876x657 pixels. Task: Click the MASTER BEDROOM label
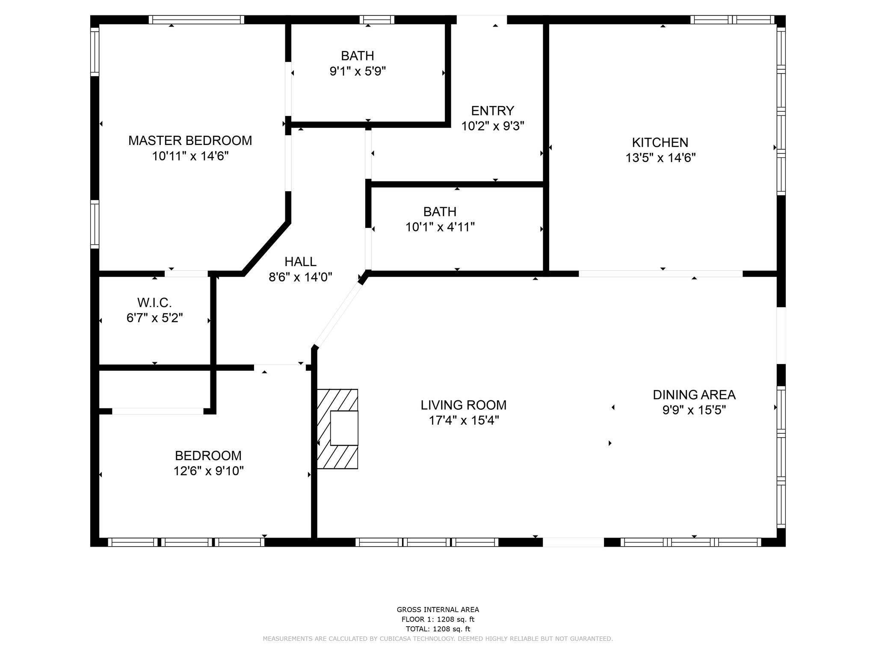point(190,140)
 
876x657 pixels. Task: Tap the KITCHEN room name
point(660,142)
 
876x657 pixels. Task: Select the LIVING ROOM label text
point(464,405)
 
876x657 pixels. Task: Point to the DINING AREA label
point(694,394)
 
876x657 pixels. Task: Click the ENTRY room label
point(492,111)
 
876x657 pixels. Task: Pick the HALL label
point(300,261)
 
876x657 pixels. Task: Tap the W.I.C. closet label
point(154,303)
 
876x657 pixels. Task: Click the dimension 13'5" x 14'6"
point(660,158)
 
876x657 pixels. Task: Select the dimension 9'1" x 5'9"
point(358,71)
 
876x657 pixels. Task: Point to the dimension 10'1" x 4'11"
point(440,227)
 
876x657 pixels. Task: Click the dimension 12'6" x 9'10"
point(208,471)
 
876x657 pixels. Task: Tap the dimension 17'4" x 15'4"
point(464,420)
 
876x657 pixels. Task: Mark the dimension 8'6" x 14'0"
point(300,277)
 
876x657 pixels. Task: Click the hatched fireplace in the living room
point(337,429)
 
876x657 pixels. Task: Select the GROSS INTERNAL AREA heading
point(438,610)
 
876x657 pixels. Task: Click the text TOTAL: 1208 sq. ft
point(438,629)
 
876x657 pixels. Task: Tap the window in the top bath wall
point(377,20)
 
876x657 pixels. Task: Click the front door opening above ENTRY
point(482,20)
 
